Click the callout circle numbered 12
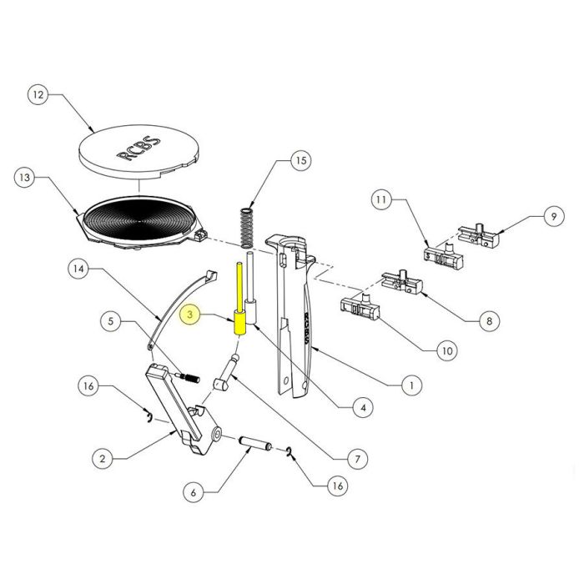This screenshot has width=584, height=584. [x=38, y=96]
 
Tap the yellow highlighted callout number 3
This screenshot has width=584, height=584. [x=190, y=315]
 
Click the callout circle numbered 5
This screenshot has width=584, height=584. [x=111, y=320]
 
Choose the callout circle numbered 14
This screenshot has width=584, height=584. [x=78, y=269]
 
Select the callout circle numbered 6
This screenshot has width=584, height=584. [x=194, y=493]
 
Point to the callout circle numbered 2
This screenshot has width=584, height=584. [x=102, y=458]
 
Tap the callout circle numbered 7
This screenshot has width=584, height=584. [x=356, y=458]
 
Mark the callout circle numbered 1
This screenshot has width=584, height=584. [x=410, y=385]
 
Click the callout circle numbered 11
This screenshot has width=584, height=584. [x=381, y=201]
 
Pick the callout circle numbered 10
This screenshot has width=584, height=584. [x=446, y=350]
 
